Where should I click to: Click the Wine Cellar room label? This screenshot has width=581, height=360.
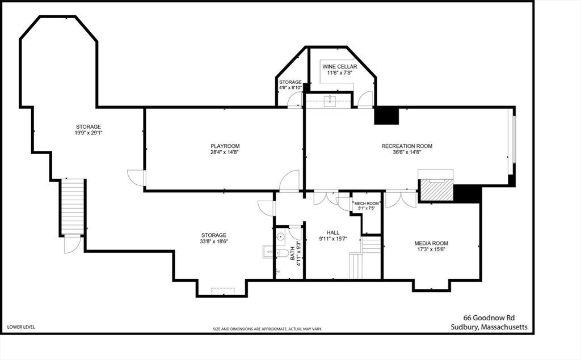coord(339,67)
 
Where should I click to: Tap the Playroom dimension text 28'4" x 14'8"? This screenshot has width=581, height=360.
coord(225,152)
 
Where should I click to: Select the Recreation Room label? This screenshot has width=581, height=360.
coord(407,146)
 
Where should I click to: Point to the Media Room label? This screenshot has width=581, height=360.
coord(431,243)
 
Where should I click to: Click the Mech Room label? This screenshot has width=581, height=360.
coord(367,204)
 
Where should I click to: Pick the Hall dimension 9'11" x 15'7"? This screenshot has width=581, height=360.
coord(333,239)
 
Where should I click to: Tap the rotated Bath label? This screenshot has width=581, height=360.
coord(292,253)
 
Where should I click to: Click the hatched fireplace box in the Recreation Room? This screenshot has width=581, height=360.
coord(436,190)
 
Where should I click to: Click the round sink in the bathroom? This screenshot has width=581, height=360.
coord(280,236)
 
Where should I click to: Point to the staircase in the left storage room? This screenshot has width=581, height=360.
coord(73,207)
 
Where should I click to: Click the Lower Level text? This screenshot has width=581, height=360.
coord(21,327)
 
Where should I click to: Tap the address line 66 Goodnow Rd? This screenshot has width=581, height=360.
coord(489,318)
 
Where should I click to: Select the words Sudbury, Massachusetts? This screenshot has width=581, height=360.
coord(489,327)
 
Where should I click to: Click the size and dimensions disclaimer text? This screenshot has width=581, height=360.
coord(268,329)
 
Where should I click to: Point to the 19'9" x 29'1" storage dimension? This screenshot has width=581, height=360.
coord(88,133)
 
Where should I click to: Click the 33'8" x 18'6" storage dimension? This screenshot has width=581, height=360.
coord(214,242)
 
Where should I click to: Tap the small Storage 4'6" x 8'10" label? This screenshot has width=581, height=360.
coord(290,85)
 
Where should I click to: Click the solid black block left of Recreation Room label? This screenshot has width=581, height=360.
coord(386,116)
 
